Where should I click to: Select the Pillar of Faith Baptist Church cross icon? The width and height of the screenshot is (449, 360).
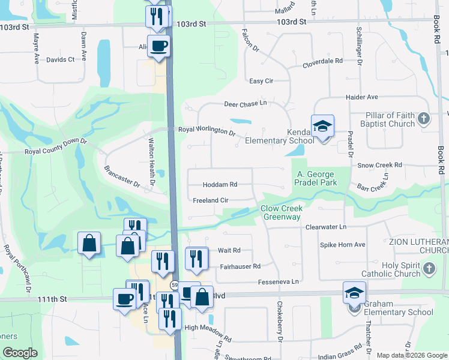(x=424, y=118)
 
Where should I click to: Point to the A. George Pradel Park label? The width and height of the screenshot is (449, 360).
(x=315, y=178)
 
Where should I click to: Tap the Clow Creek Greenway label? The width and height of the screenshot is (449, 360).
(x=281, y=212)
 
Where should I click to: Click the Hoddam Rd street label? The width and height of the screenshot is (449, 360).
(x=220, y=185)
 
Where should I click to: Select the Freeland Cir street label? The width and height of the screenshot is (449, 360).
(x=211, y=200)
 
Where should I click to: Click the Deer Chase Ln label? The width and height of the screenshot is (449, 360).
(x=245, y=103)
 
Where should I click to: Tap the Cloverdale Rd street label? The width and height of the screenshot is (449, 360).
(x=322, y=61)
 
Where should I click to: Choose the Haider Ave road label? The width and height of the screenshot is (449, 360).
(x=361, y=97)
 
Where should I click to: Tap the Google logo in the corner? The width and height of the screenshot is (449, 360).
(x=20, y=353)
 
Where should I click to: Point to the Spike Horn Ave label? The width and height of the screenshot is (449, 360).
(x=342, y=245)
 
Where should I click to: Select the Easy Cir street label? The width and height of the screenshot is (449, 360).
(x=261, y=81)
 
